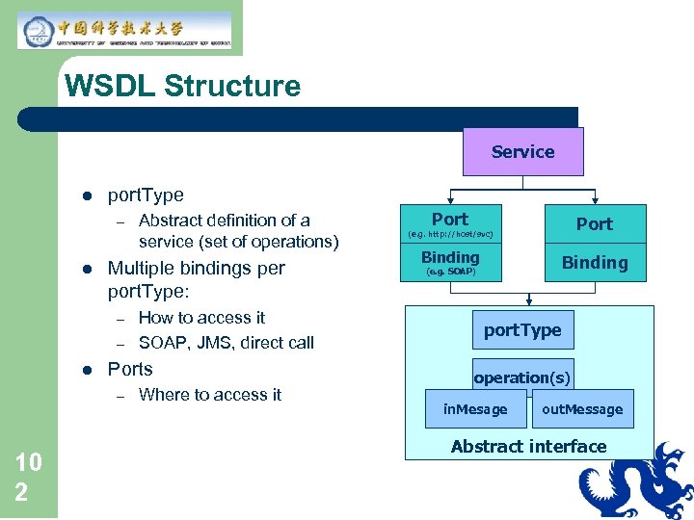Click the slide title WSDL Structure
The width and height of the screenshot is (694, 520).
pyautogui.click(x=182, y=86)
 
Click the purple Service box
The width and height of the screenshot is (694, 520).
pyautogui.click(x=522, y=151)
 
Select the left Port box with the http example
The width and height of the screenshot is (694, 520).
pyautogui.click(x=450, y=223)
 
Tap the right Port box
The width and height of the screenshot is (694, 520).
pyautogui.click(x=594, y=223)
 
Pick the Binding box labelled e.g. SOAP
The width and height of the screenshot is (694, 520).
pyautogui.click(x=450, y=262)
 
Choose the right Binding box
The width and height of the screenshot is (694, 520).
pyautogui.click(x=594, y=262)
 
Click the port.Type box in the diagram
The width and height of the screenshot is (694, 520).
pyautogui.click(x=522, y=330)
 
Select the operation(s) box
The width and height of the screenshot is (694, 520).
pyautogui.click(x=521, y=377)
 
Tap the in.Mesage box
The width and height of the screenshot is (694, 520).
pyautogui.click(x=474, y=409)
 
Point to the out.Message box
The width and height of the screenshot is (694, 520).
pyautogui.click(x=582, y=409)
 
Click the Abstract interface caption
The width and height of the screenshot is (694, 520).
pyautogui.click(x=528, y=446)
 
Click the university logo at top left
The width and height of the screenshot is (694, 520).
pyautogui.click(x=124, y=30)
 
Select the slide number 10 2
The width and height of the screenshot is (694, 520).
pyautogui.click(x=29, y=477)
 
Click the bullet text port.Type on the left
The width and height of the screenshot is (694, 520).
pyautogui.click(x=146, y=195)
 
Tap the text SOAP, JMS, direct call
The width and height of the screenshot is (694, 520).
pyautogui.click(x=226, y=342)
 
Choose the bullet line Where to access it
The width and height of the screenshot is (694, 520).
pyautogui.click(x=210, y=394)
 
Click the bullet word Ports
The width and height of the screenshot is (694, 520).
pyautogui.click(x=130, y=369)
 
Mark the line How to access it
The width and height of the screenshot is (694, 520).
pyautogui.click(x=201, y=317)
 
